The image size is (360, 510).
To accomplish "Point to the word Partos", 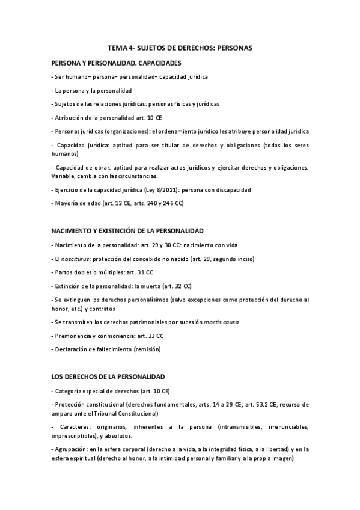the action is coord(64,272).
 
